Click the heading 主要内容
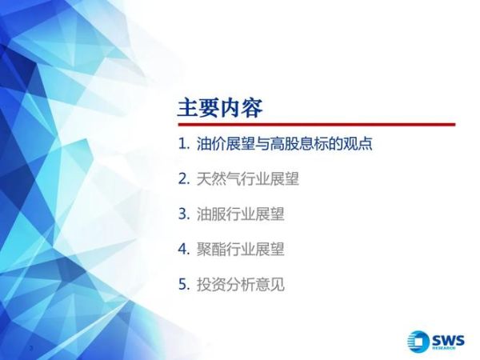(x=219, y=107)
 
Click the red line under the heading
(x=316, y=125)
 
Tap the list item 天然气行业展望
(x=248, y=179)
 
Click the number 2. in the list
(x=184, y=179)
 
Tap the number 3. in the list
(x=184, y=214)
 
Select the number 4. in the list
(x=184, y=249)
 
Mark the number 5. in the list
(x=184, y=284)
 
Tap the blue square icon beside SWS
(x=417, y=339)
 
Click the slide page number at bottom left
(x=30, y=349)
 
